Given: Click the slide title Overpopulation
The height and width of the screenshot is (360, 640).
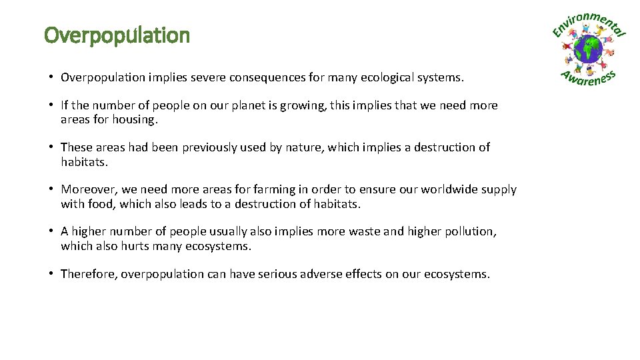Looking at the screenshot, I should (x=117, y=35).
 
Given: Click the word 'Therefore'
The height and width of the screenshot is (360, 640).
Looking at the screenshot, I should (x=89, y=273).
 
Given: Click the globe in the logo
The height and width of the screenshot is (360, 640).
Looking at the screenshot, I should (x=589, y=49).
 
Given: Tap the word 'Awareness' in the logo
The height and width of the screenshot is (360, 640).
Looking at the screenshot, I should (x=589, y=78).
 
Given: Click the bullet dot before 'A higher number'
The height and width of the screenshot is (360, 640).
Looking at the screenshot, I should (x=51, y=231).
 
